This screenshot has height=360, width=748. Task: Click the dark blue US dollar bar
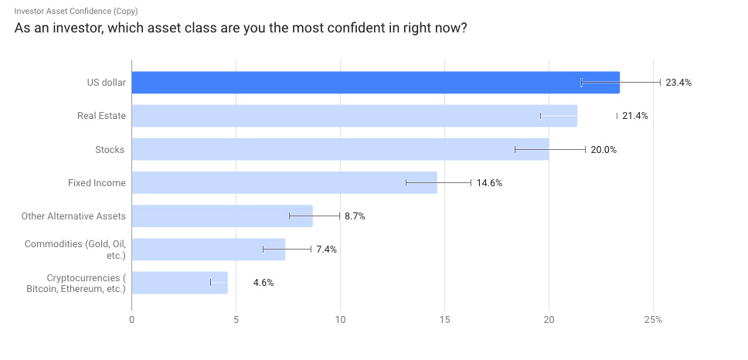[x=375, y=83]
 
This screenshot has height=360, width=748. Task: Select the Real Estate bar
[x=354, y=116]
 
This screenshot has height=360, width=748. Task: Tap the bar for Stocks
[x=340, y=149]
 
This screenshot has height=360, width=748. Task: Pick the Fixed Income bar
[x=284, y=182]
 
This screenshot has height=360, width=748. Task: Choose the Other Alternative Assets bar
[x=222, y=216]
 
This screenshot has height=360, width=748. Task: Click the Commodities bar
[x=208, y=249]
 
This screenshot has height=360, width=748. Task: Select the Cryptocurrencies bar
[x=179, y=282]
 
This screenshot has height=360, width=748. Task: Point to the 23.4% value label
[x=678, y=83]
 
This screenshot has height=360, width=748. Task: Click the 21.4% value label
[x=634, y=116]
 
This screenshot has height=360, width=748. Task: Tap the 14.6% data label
[x=489, y=183]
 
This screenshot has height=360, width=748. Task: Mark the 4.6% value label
[x=263, y=283]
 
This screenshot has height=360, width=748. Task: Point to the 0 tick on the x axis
[x=132, y=319]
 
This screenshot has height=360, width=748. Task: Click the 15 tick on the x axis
[x=444, y=319]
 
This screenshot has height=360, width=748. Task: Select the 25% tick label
[x=653, y=319]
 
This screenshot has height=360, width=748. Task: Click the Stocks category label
[x=110, y=149]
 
